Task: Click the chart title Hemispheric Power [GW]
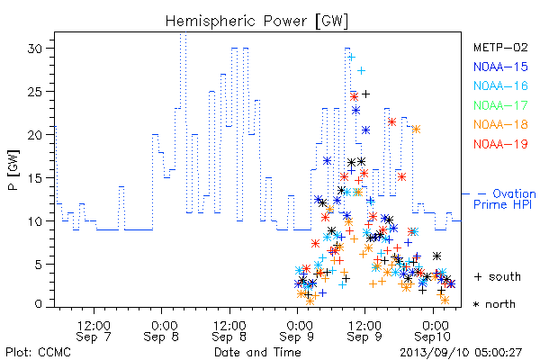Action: (256, 22)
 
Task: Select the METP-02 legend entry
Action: (500, 47)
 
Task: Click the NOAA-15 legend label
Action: (500, 67)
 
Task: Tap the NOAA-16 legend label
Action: (500, 85)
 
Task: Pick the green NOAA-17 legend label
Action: (500, 105)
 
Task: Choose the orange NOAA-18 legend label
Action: (500, 124)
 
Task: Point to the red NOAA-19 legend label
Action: (500, 144)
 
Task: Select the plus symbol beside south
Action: (478, 276)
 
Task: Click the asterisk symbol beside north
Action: (476, 304)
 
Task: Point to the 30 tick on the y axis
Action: (35, 49)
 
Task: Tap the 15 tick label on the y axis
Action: (35, 178)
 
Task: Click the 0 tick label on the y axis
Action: (38, 304)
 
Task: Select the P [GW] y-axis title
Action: (13, 170)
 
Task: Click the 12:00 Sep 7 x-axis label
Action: (94, 331)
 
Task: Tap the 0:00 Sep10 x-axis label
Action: (433, 331)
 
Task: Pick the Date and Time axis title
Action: (257, 352)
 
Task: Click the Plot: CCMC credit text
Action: (38, 352)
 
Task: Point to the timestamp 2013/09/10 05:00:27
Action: (461, 353)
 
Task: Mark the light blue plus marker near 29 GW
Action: (351, 58)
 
